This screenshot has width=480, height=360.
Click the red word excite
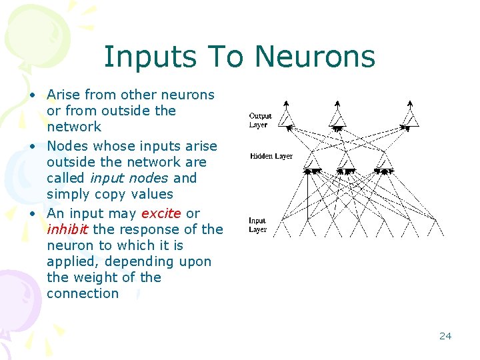tap(161, 213)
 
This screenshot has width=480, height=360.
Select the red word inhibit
tap(67, 229)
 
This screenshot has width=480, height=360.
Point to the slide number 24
tap(445, 336)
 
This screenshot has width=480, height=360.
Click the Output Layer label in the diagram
tap(260, 120)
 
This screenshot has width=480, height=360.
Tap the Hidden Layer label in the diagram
tap(271, 156)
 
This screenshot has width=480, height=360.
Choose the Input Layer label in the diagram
tap(257, 225)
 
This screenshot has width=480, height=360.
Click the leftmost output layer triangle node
tap(285, 119)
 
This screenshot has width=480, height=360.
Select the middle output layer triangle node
tap(339, 119)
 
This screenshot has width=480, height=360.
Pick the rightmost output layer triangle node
tap(410, 119)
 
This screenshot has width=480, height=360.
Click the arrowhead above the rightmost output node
tap(410, 103)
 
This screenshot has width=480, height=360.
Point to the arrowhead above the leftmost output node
tap(285, 103)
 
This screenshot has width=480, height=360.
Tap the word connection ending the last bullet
tap(83, 293)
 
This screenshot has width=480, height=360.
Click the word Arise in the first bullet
tap(64, 95)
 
